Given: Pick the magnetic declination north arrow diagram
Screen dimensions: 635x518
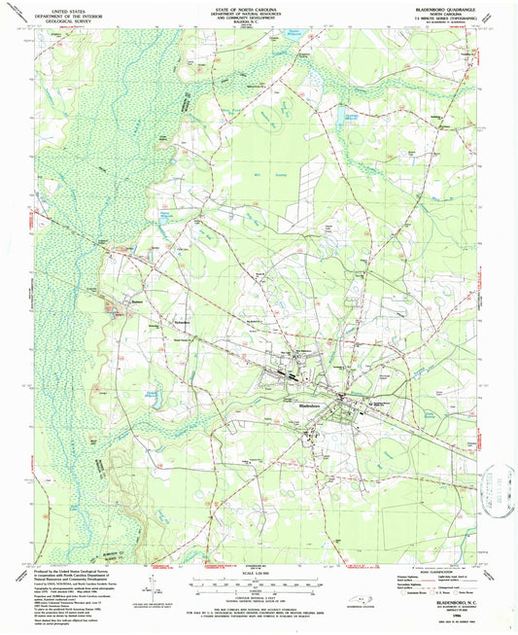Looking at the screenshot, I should point(149,583).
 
